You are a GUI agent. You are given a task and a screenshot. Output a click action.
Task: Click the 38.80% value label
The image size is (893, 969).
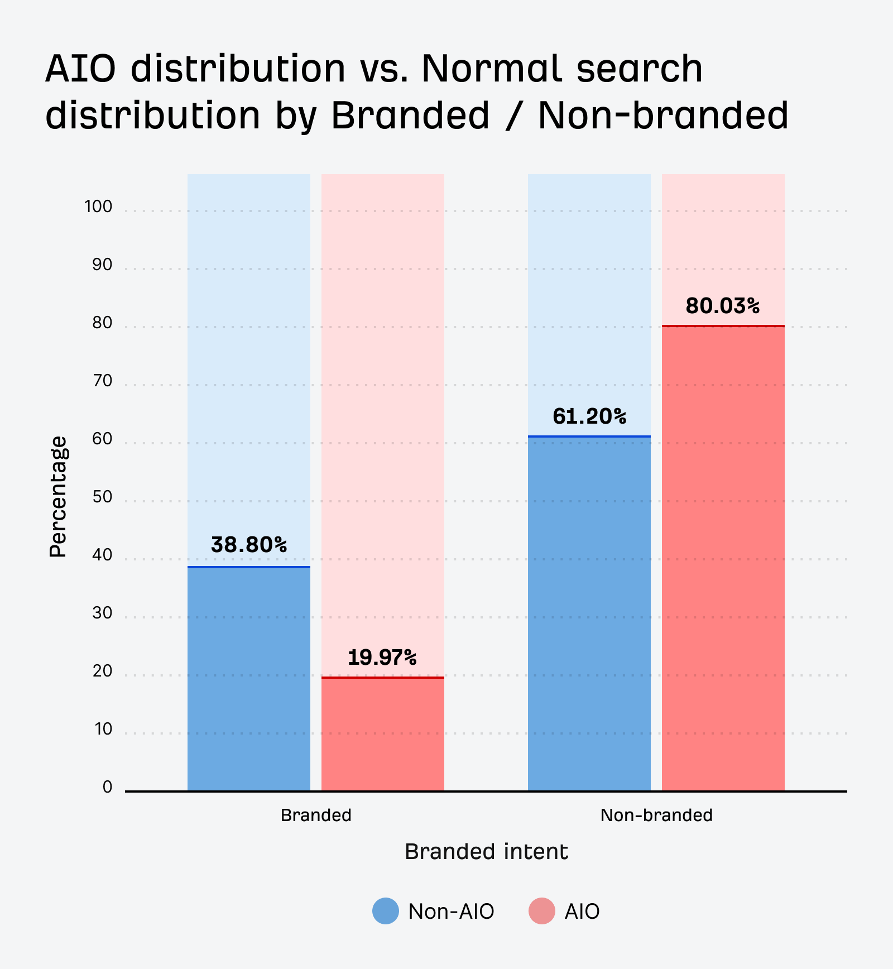249,545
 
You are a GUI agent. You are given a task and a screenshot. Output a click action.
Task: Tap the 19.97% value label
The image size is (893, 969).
382,658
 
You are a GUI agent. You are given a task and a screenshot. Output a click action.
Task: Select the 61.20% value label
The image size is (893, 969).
589,416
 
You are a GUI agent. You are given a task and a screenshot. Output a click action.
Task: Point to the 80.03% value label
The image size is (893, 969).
723,306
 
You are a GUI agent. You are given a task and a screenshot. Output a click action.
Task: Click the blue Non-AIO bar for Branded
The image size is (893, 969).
249,679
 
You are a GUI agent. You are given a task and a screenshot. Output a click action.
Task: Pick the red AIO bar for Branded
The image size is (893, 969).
383,735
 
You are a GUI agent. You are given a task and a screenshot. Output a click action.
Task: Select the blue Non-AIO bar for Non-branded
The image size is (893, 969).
589,614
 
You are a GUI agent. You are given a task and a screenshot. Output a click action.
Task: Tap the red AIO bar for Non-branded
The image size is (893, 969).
723,558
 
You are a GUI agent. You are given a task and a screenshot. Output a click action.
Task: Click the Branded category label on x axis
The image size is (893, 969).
316,816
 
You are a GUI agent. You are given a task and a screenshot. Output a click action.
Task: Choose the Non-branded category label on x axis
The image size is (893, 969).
656,816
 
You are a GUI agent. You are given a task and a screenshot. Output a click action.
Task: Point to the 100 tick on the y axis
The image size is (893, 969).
98,207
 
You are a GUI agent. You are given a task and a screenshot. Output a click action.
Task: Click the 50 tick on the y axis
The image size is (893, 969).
102,497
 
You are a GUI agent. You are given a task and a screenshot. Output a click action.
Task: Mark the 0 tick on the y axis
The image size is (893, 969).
107,788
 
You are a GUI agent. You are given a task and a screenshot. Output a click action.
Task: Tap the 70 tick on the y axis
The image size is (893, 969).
102,381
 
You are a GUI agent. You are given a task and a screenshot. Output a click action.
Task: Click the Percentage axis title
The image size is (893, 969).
58,497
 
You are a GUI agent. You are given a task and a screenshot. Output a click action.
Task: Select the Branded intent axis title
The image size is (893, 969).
486,852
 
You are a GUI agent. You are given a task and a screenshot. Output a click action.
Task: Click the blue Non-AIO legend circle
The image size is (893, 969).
386,911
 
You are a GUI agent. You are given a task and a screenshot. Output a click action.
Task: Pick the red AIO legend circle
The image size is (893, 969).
542,911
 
